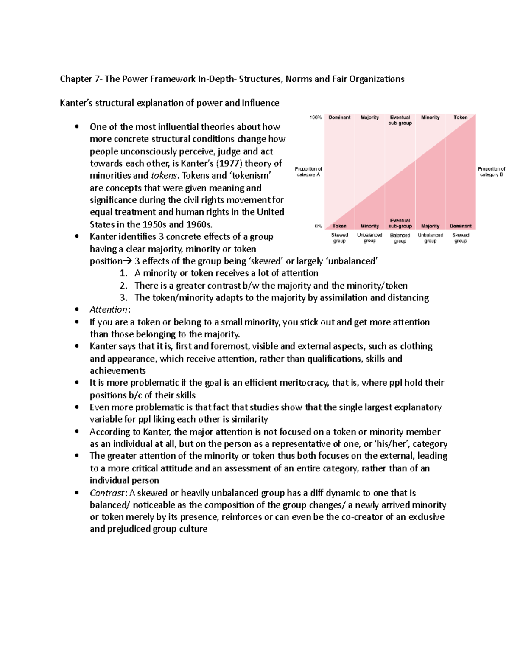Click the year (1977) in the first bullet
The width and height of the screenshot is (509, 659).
(x=229, y=163)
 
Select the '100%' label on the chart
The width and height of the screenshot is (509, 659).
(x=316, y=118)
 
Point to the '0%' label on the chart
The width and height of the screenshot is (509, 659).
(x=318, y=226)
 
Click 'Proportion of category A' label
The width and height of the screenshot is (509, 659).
(x=308, y=171)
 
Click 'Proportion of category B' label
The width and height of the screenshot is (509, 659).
(x=492, y=171)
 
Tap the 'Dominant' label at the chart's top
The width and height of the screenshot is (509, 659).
(x=339, y=118)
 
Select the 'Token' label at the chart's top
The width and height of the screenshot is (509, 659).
(x=460, y=118)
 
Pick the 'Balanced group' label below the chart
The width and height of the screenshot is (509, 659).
(x=400, y=238)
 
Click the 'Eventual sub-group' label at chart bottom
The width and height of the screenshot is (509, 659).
(x=400, y=223)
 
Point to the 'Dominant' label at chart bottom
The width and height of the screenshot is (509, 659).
(x=461, y=226)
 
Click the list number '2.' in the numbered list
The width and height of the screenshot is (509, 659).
(x=123, y=286)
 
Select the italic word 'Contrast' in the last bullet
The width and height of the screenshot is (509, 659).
(x=107, y=493)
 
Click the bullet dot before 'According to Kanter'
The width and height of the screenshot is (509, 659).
(x=77, y=432)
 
